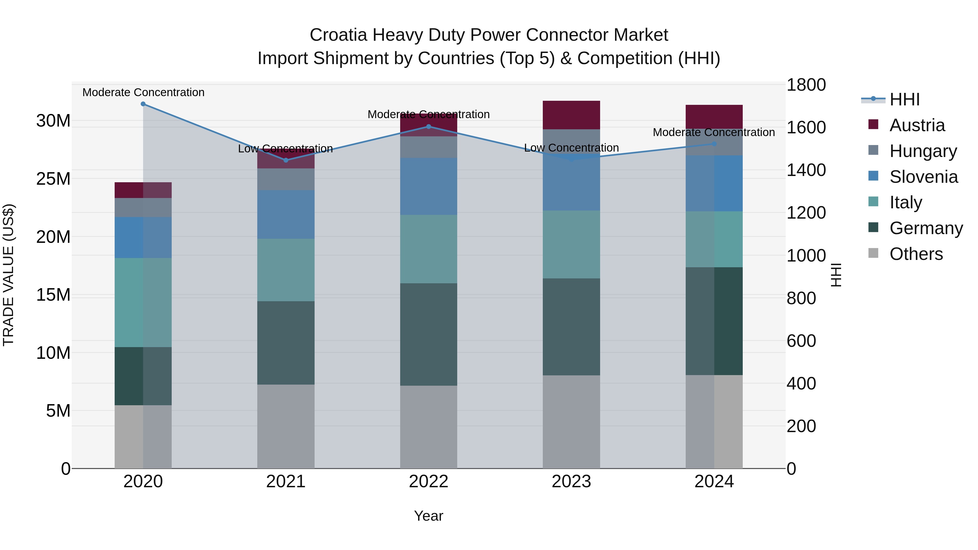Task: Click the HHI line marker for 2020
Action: [143, 104]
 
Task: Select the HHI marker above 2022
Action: [429, 126]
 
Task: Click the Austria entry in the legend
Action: [917, 125]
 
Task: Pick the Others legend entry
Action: [916, 254]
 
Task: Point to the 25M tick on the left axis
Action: [53, 179]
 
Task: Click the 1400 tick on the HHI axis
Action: [806, 170]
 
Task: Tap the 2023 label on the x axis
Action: [571, 482]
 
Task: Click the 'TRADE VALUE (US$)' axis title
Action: [8, 275]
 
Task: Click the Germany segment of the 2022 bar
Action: [429, 334]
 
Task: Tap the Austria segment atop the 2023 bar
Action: [571, 115]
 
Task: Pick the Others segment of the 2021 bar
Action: [286, 426]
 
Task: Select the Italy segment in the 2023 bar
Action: [571, 244]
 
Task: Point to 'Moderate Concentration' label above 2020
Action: [143, 92]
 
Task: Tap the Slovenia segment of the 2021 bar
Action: [286, 215]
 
